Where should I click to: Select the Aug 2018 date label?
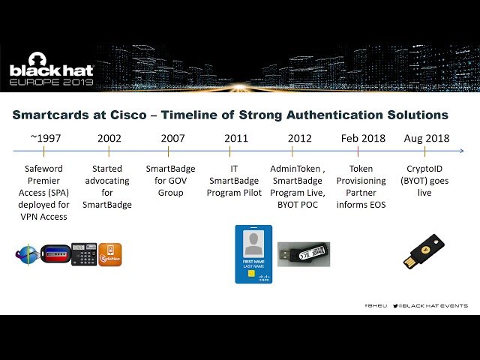click(427, 138)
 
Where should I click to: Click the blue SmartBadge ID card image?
click(253, 253)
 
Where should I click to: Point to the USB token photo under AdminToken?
click(304, 253)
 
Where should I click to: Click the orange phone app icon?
click(109, 255)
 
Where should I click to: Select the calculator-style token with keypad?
click(84, 255)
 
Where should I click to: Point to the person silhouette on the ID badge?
click(253, 243)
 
